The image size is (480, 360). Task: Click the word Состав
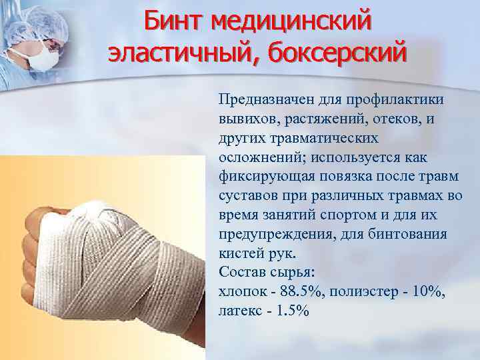point(238,273)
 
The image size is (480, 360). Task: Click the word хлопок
point(240,292)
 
